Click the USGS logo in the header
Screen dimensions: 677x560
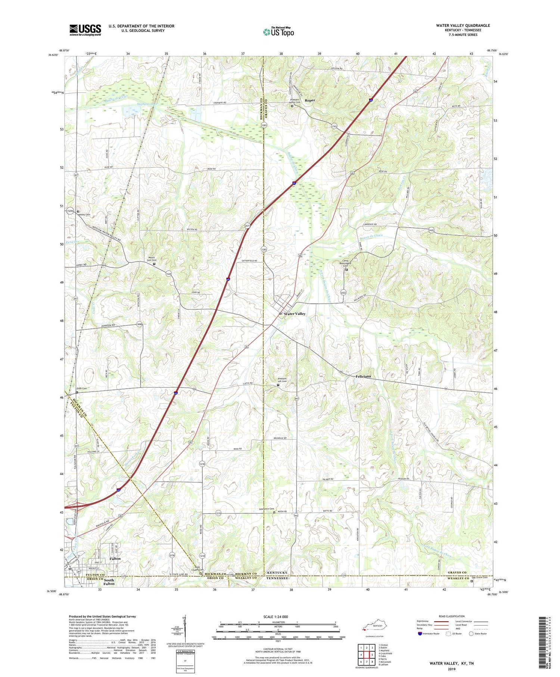pos(85,30)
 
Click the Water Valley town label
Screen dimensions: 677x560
pos(295,314)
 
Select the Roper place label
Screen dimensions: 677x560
pos(309,100)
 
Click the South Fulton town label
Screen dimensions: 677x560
pos(109,581)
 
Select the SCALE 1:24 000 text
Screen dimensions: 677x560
pos(278,617)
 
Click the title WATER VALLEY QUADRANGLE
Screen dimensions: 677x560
pos(463,25)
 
